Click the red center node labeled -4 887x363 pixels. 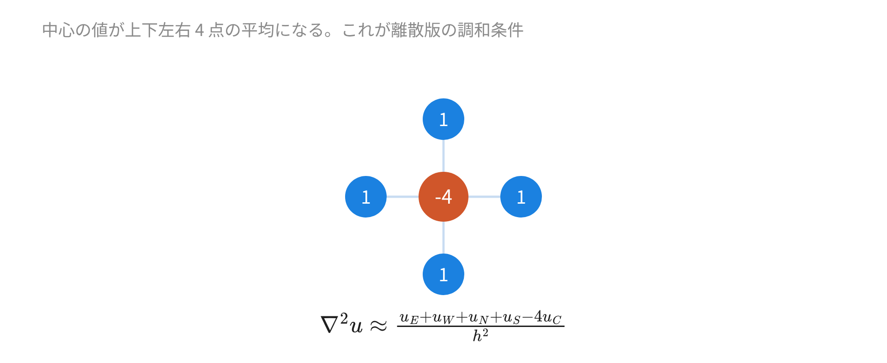pos(443,197)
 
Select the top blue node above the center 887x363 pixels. pos(443,119)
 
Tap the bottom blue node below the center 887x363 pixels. pos(443,274)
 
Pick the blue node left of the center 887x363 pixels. pos(366,197)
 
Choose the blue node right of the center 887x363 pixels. pos(521,197)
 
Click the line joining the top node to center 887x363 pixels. pos(443,156)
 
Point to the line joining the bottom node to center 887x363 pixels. pos(443,237)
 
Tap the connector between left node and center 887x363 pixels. pos(402,197)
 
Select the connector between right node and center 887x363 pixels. pos(484,197)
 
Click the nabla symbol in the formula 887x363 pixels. pos(329,325)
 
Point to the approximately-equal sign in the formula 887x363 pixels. pos(378,326)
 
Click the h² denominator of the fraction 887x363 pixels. pos(480,335)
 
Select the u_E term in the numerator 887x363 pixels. pos(409,318)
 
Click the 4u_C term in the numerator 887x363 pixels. pos(548,318)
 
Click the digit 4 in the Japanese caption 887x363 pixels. pos(200,30)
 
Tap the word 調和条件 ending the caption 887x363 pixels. pos(490,30)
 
